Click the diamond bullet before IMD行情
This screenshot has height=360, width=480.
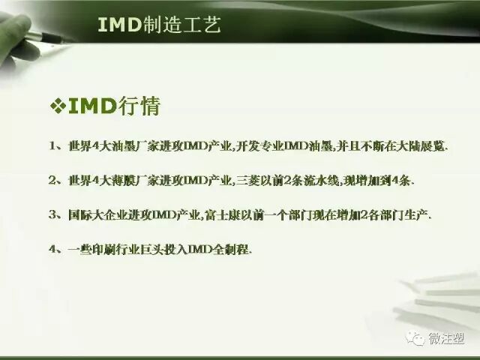coord(58,106)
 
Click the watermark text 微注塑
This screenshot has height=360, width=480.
coord(445,340)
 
